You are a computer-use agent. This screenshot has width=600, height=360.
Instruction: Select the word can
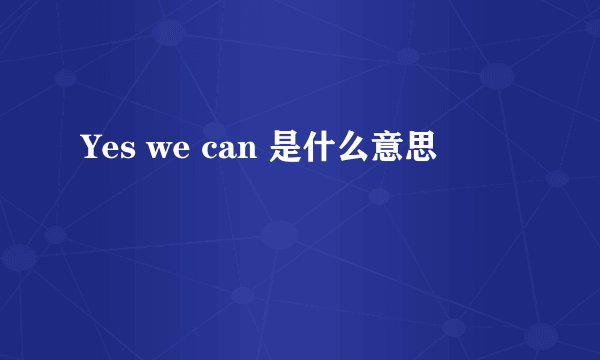[x=233, y=153]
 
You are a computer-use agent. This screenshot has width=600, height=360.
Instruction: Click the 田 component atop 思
[x=421, y=145]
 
